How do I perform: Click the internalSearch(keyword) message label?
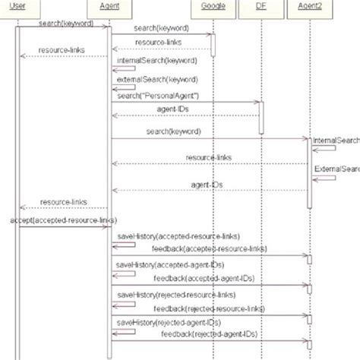pos(153,59)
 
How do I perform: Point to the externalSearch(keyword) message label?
pos(153,79)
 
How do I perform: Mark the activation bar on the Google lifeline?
pos(213,45)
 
